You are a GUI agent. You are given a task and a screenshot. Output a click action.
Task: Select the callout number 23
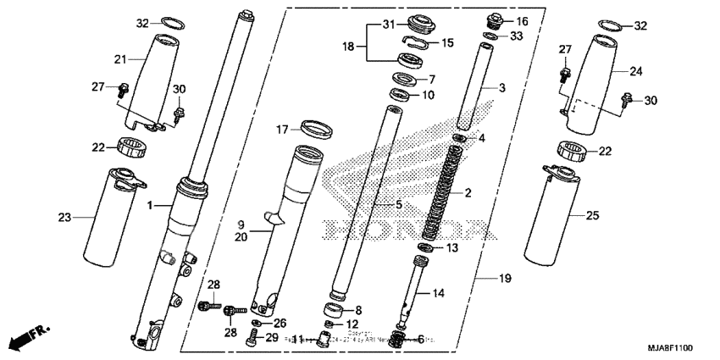point(64,218)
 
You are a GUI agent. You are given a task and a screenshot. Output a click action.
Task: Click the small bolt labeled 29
point(250,341)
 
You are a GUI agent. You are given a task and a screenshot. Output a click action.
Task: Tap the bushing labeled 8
point(336,311)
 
